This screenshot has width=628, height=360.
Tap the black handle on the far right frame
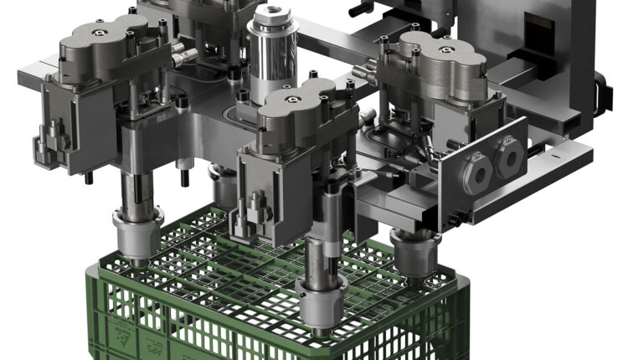click(600, 92)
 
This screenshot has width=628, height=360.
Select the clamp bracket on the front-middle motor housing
click(255, 205)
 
